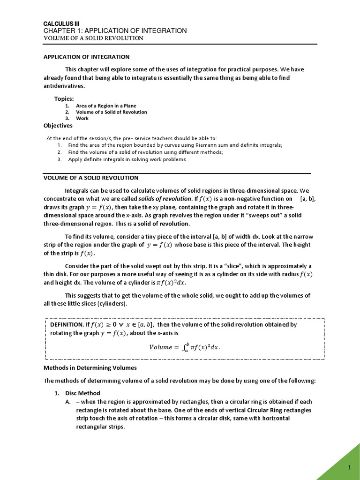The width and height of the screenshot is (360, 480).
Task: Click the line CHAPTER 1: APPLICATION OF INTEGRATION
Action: click(x=115, y=30)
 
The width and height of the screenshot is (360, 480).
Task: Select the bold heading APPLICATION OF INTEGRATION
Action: click(x=86, y=57)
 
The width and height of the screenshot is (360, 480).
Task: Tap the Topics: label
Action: click(x=64, y=98)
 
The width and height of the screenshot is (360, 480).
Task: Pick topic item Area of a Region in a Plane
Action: click(x=106, y=106)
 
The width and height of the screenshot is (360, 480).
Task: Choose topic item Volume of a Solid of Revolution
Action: click(x=111, y=112)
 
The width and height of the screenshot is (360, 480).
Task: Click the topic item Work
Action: click(x=82, y=118)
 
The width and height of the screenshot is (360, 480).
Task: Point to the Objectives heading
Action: click(x=58, y=126)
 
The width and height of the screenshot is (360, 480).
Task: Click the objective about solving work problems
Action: click(x=127, y=159)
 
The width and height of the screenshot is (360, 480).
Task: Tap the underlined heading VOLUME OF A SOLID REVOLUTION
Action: click(x=91, y=178)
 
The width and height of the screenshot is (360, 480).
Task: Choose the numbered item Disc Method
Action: click(x=82, y=393)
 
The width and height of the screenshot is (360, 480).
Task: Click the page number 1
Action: click(x=349, y=468)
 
